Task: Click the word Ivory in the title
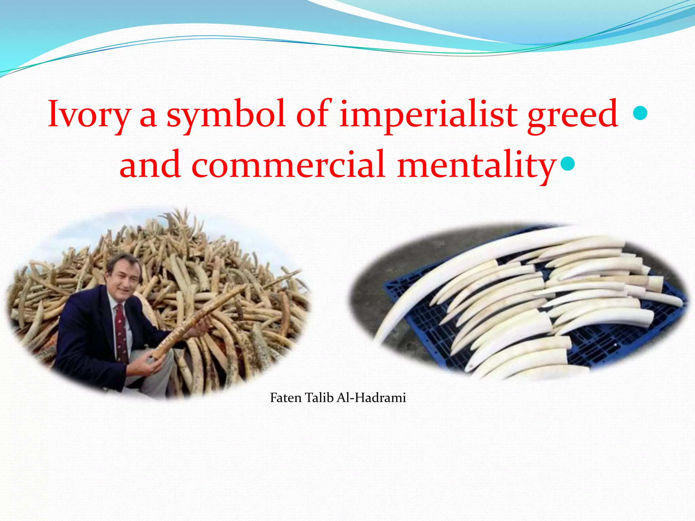(89, 114)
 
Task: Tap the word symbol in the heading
(226, 114)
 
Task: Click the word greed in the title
(573, 114)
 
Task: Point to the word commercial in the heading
(288, 165)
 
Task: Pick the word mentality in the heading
(477, 165)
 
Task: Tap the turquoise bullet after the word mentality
(568, 163)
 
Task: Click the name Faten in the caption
(285, 398)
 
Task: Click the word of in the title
(312, 114)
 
